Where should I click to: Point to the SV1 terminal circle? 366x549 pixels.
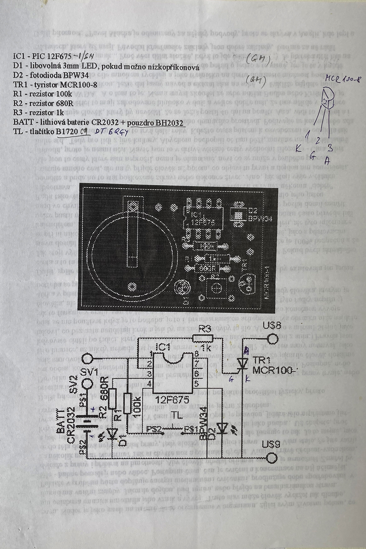click(88, 360)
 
